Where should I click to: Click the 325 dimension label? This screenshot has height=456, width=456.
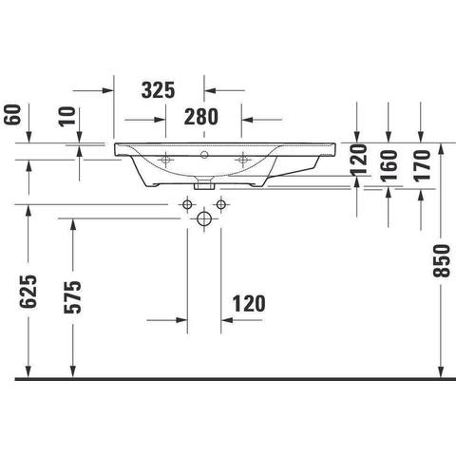coord(158,90)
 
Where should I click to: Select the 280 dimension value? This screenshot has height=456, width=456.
coord(201,117)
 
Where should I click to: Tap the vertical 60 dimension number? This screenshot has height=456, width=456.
coord(13,114)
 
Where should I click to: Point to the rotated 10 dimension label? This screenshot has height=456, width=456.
coord(67,117)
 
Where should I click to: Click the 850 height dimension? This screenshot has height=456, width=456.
coord(442,260)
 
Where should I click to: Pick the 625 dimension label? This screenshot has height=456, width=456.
coord(28,292)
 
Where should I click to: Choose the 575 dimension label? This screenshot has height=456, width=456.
coord(73,297)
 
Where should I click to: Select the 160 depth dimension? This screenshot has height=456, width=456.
coord(389,165)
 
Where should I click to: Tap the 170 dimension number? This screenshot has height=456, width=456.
coord(422,165)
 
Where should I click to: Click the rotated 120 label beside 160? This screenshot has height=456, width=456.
coord(358,160)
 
